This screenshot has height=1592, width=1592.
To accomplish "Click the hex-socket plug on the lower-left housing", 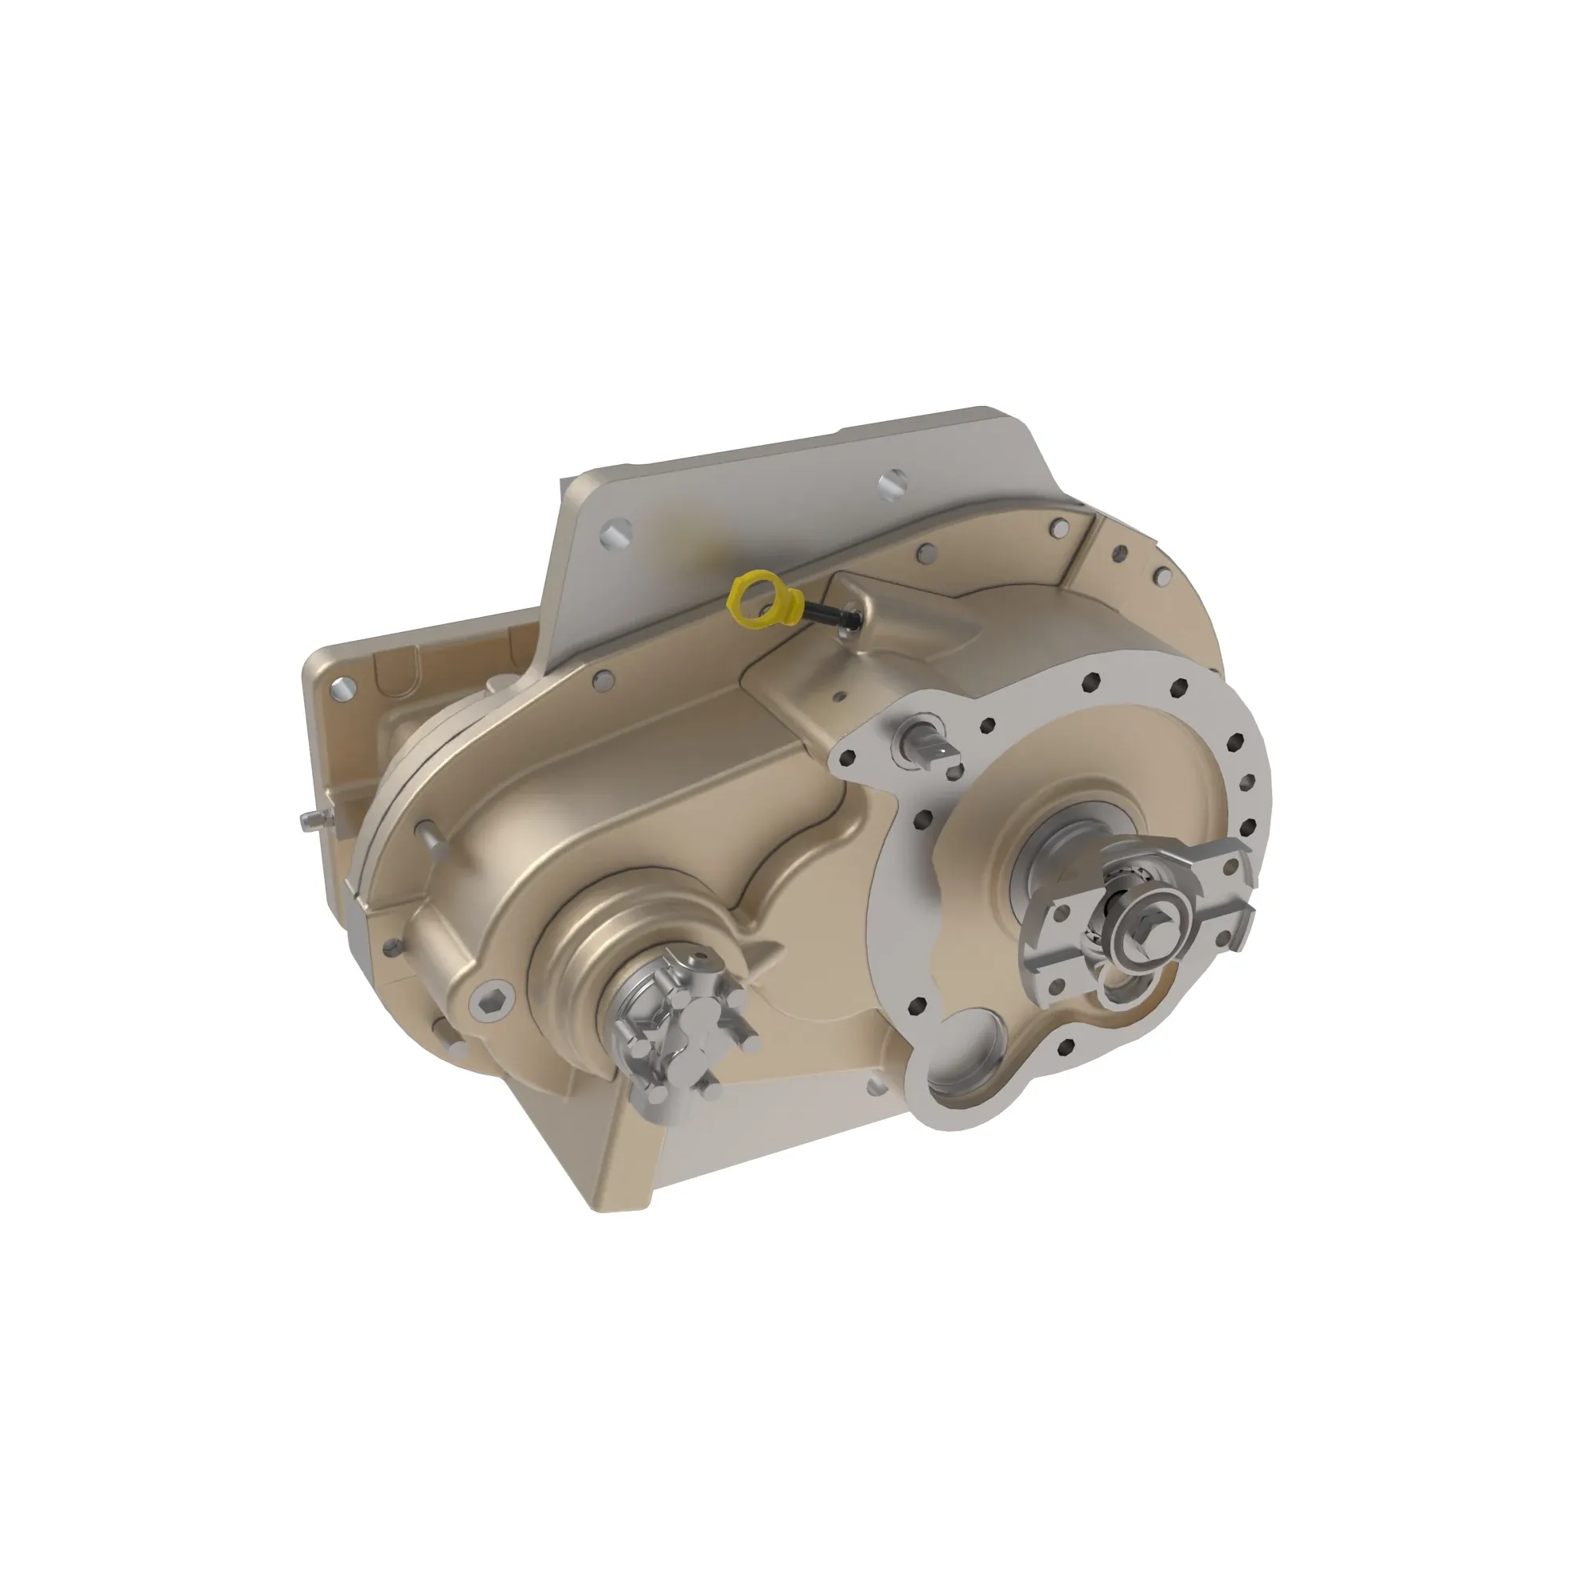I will point(492,1000).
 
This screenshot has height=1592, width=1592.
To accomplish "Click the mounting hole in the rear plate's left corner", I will point(343,686).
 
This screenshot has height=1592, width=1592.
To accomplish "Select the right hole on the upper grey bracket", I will point(892,484).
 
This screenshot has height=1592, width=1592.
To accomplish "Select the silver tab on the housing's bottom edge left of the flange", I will point(875,1087).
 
